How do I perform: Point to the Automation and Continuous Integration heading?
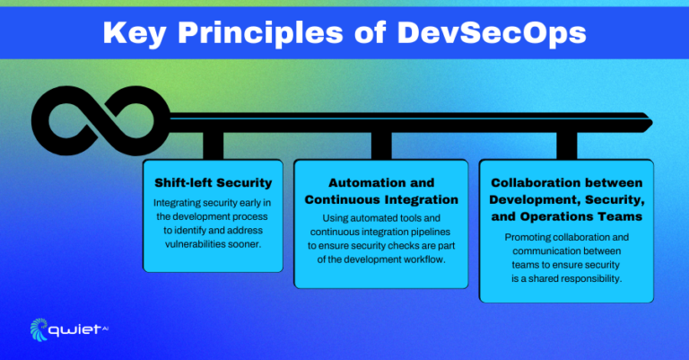pyautogui.click(x=381, y=190)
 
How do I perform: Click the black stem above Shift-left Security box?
pyautogui.click(x=213, y=144)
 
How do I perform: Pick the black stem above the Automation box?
pyautogui.click(x=381, y=144)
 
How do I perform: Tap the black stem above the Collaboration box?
pyautogui.click(x=567, y=144)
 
